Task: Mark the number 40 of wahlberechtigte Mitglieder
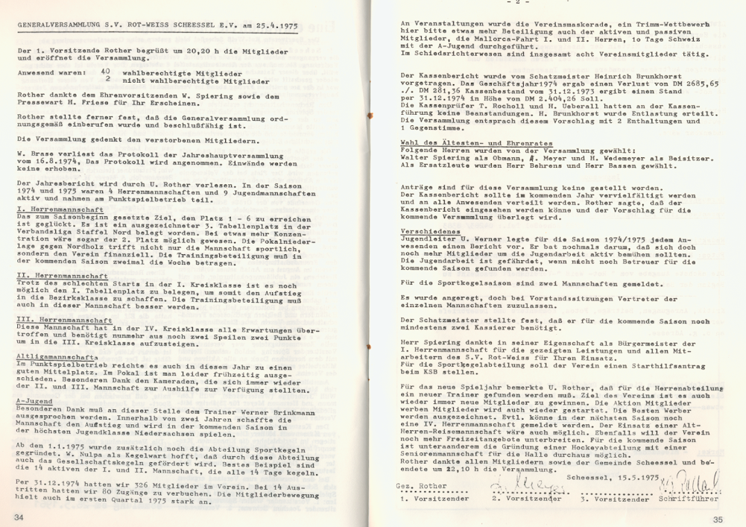[x=107, y=72]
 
